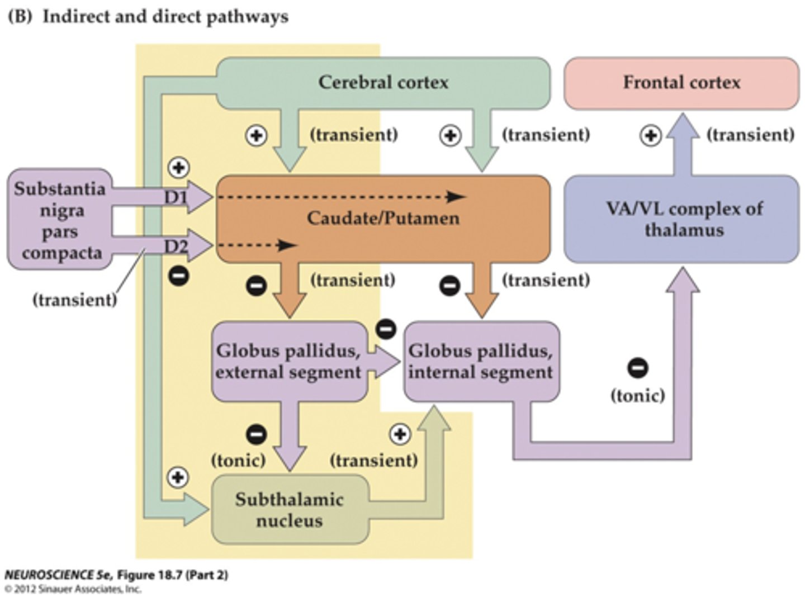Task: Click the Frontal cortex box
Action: pos(681,83)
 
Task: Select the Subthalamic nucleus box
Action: pos(290,509)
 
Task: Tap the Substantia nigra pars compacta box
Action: pos(60,220)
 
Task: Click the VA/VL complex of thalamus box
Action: pos(681,219)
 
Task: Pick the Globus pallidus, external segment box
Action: pos(288,361)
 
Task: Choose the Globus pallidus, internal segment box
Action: pos(481,361)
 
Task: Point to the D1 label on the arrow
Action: pos(176,197)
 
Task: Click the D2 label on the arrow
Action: pos(176,246)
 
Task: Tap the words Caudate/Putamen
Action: pos(383,218)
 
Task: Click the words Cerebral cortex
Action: pos(383,83)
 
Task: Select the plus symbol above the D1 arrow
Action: pos(179,168)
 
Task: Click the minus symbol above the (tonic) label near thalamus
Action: pos(638,368)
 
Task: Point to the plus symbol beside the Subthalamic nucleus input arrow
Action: pos(178,477)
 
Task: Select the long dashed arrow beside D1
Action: pos(341,197)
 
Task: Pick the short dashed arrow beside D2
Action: pos(257,245)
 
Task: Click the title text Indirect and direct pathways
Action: pos(165,17)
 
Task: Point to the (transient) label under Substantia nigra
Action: pos(75,300)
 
